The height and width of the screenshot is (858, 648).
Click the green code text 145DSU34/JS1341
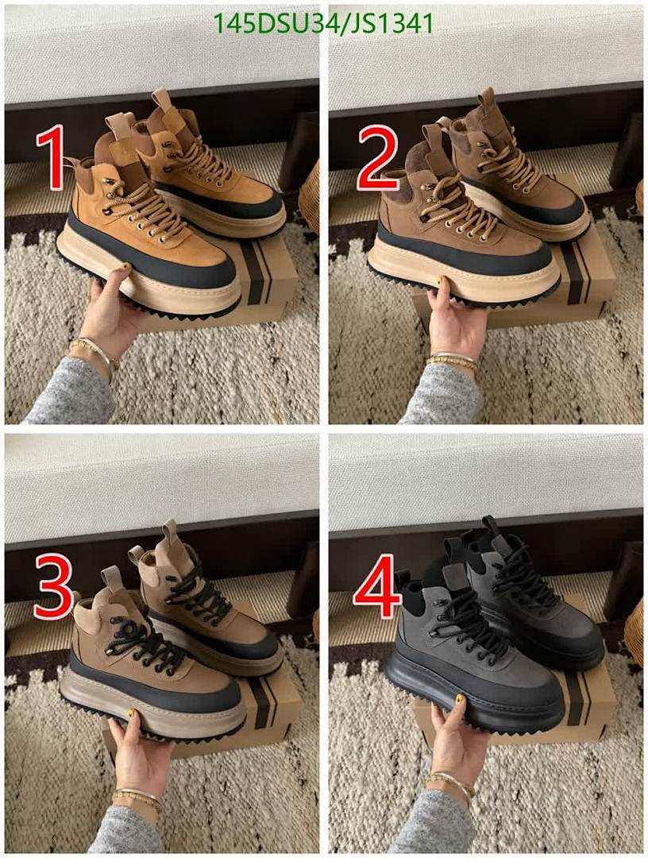point(324,24)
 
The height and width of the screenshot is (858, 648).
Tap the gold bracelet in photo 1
point(94,350)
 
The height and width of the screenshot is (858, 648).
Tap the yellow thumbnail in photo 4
point(459,700)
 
